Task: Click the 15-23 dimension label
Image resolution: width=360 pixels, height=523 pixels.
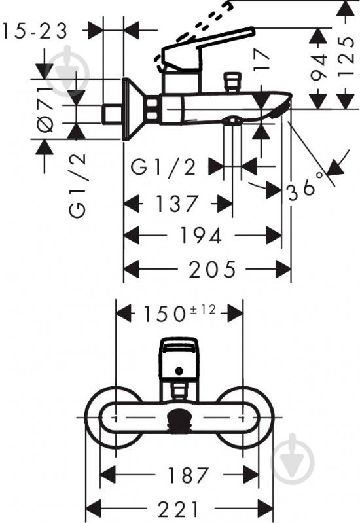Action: click(x=35, y=31)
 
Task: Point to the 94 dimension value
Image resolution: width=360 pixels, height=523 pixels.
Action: click(x=319, y=67)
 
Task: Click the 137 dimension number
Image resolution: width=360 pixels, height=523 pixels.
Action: click(x=177, y=204)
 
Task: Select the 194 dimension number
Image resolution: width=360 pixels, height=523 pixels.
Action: click(x=201, y=236)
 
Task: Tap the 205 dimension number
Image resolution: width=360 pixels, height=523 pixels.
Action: click(x=213, y=269)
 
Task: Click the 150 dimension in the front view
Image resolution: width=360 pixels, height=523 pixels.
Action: click(x=164, y=314)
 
